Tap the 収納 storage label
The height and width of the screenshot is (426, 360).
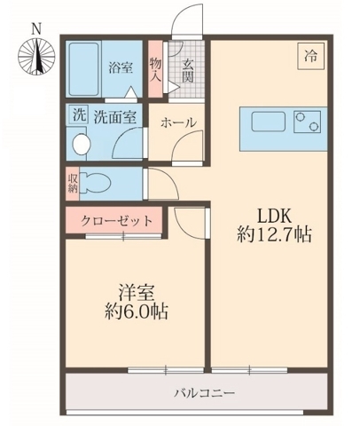[73, 183]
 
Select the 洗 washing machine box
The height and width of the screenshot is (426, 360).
[78, 114]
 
